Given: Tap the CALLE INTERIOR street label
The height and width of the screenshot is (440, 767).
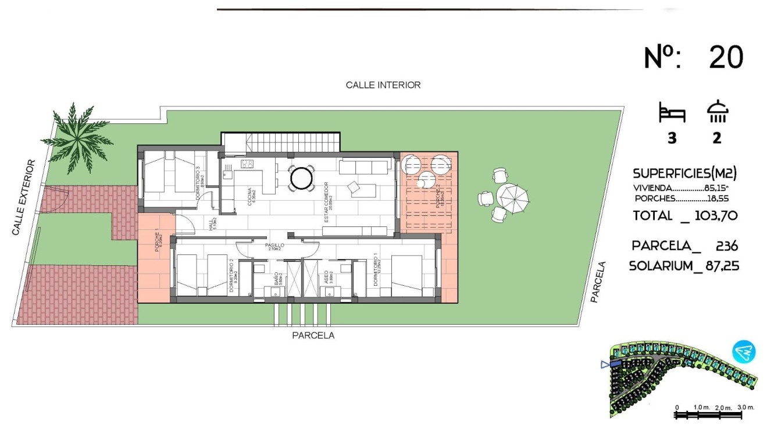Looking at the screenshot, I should [383, 85].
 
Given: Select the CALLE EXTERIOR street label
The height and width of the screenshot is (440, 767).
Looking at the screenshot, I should [23, 198].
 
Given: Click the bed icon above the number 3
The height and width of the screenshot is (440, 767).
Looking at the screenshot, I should [672, 113].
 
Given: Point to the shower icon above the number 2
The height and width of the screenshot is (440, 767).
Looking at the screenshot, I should [718, 112].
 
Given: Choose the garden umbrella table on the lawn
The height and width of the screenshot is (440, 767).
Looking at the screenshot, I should [514, 198].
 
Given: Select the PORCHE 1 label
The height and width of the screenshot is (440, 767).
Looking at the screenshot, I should [157, 242].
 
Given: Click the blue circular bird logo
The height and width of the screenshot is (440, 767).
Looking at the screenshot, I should [744, 352].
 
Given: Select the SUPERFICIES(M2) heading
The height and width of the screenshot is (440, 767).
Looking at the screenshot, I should [685, 173].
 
